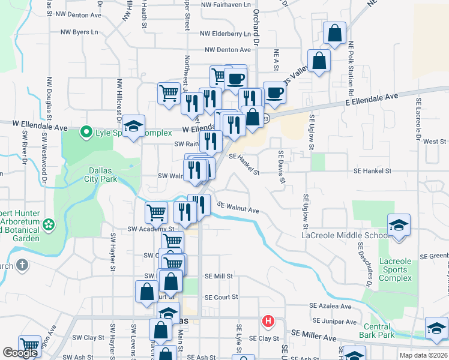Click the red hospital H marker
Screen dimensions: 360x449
point(268,321)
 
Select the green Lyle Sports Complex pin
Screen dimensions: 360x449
point(86,131)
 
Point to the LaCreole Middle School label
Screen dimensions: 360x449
point(346,235)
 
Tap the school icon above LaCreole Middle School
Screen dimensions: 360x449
point(399,225)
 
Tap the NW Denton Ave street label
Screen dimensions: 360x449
point(228,50)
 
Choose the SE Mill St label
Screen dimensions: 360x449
point(218,277)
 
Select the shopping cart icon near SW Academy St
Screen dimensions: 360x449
point(156,212)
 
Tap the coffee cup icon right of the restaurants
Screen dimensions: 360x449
point(274,92)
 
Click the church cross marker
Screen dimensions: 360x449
point(22,265)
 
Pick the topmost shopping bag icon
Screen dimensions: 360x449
point(334,32)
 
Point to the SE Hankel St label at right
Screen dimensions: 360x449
point(372,171)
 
